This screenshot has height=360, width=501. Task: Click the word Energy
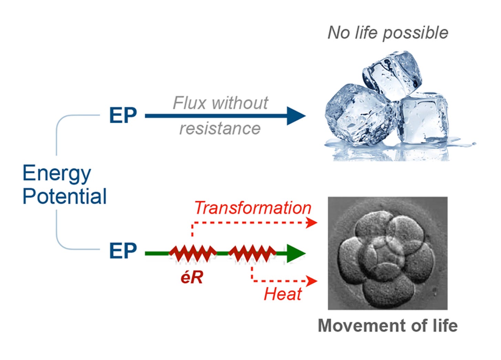tap(57, 173)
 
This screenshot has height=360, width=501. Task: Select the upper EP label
tap(123, 116)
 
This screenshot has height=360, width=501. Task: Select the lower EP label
tap(123, 251)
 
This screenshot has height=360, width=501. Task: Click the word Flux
tap(190, 103)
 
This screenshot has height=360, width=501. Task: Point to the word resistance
tap(220, 129)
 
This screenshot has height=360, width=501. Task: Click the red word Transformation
tap(253, 208)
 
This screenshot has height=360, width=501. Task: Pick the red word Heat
tap(283, 294)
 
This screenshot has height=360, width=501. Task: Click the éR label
tap(192, 277)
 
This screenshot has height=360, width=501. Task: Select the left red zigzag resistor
tap(193, 254)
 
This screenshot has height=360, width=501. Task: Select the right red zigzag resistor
tap(252, 254)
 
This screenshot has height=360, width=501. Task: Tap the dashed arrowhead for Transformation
tap(312, 222)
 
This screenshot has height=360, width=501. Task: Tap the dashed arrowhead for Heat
tap(312, 281)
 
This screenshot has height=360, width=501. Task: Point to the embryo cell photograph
tap(387, 253)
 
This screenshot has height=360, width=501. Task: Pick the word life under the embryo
tap(444, 325)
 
